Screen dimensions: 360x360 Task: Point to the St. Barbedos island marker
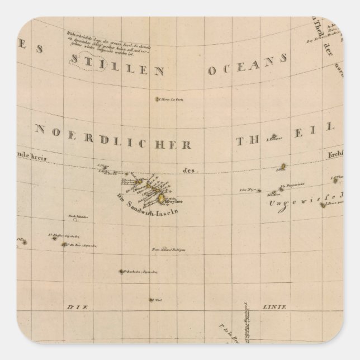point(122,272)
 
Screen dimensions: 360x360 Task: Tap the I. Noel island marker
point(151,301)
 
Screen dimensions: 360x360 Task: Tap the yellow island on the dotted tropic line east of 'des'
point(283,166)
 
